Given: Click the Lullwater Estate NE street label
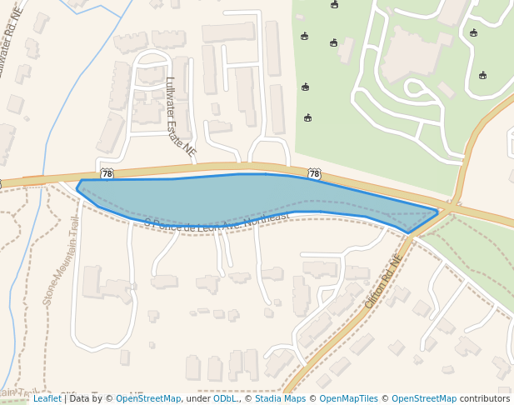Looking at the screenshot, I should [180, 117].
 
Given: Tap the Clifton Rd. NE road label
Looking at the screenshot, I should [383, 282].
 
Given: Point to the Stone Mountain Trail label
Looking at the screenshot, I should [61, 261].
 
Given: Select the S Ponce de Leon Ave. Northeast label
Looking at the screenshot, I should [217, 220].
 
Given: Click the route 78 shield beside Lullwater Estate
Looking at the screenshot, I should [106, 173].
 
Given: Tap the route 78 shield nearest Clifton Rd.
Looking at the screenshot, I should [314, 173].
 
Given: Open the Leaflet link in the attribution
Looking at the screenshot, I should [47, 398].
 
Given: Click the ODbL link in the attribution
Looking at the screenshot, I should [226, 398].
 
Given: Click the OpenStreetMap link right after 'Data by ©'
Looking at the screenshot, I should [148, 398].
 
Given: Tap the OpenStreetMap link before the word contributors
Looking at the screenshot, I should [424, 398].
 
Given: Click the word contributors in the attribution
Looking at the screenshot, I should [485, 398].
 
